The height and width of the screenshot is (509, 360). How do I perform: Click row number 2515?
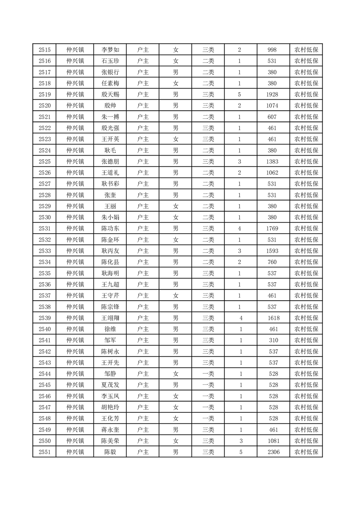(x=44, y=50)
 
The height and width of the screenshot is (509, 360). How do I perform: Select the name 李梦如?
(x=110, y=50)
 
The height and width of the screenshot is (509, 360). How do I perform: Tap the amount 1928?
(x=272, y=94)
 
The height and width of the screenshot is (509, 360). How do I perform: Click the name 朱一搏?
(x=110, y=117)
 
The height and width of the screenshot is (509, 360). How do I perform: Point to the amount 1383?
(x=272, y=162)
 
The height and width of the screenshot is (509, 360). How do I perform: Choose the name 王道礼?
(x=110, y=173)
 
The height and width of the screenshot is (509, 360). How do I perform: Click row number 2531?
(x=44, y=229)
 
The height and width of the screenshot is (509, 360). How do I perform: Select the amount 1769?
(x=272, y=229)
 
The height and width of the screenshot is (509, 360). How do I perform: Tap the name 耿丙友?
(x=110, y=251)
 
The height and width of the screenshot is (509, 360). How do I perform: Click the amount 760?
(x=272, y=262)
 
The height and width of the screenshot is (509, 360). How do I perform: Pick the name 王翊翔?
(x=110, y=318)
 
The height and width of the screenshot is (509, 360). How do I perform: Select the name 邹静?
(x=110, y=374)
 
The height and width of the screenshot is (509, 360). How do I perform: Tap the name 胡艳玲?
(x=110, y=407)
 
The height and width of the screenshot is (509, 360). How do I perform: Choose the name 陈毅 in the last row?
(x=110, y=452)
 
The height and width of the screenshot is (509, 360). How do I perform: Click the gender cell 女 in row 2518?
(x=176, y=83)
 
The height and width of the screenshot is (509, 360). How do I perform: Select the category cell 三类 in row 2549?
(x=208, y=430)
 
